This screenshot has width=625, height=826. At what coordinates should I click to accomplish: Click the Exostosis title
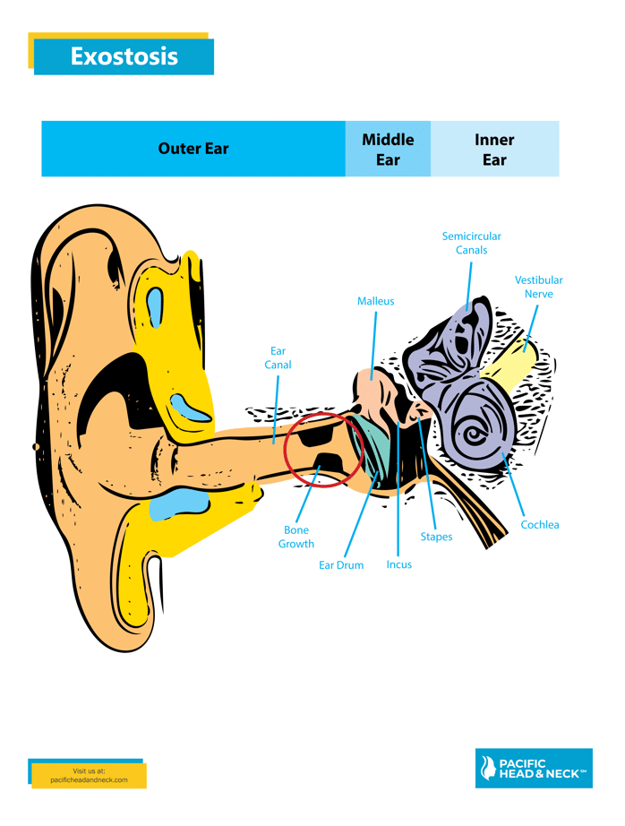[x=124, y=56]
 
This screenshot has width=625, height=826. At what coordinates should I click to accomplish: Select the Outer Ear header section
[x=193, y=149]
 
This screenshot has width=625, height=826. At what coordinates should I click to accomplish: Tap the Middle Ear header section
[x=388, y=150]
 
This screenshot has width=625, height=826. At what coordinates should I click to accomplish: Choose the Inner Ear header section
[x=494, y=150]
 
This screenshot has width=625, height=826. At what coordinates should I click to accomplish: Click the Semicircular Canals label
[x=471, y=243]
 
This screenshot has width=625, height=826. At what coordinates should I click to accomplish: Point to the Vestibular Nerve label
[x=538, y=287]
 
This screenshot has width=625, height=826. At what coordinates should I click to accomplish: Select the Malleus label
[x=375, y=301]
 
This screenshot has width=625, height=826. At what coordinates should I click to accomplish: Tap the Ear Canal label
[x=278, y=357]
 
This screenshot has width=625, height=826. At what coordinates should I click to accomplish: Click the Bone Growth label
[x=296, y=537]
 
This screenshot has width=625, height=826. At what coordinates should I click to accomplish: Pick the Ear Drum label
[x=341, y=565]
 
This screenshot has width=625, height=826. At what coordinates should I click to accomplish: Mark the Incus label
[x=399, y=564]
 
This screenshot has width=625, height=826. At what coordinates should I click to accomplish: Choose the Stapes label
[x=436, y=537]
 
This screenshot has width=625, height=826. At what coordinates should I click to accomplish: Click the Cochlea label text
[x=540, y=524]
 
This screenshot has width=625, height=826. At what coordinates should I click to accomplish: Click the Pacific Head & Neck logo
[x=534, y=768]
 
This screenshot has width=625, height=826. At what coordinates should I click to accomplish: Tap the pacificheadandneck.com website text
[x=90, y=779]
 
